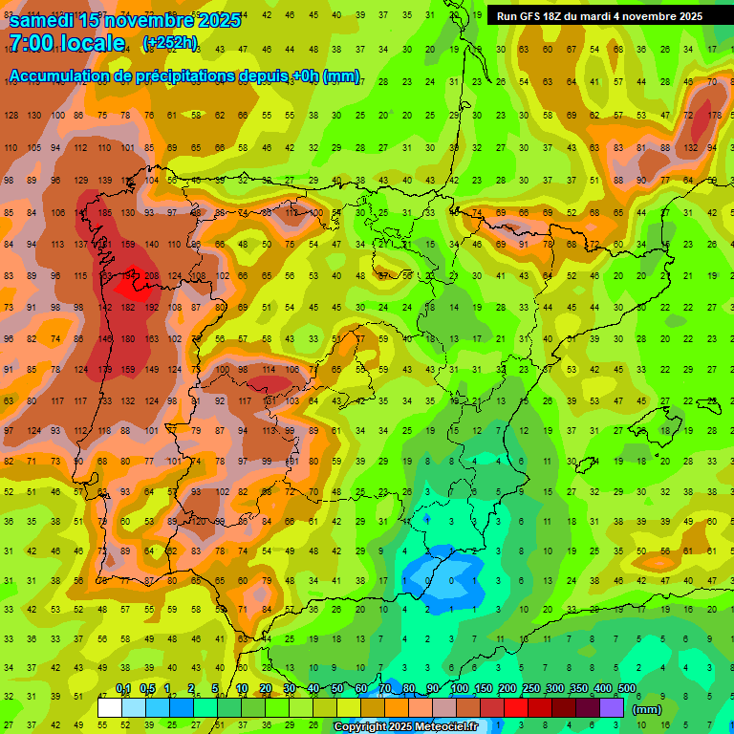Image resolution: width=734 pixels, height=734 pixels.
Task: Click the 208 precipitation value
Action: [x=151, y=276]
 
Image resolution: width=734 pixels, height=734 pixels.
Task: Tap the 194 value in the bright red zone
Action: [x=128, y=276]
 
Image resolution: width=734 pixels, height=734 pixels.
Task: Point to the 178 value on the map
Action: [x=716, y=116]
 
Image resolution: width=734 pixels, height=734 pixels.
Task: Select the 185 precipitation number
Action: [x=105, y=212]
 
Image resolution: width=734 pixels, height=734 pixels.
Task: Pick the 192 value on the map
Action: [x=151, y=308]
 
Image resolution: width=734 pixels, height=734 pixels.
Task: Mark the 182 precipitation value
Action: [x=128, y=308]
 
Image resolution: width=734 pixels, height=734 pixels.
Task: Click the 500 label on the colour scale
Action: [x=627, y=689]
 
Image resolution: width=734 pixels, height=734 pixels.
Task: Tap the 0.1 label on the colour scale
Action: [x=123, y=689]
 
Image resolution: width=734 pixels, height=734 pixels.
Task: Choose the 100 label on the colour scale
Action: [x=460, y=689]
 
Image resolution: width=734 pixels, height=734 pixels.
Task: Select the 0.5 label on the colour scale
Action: [x=147, y=689]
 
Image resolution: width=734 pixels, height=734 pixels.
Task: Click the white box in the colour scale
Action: [x=110, y=707]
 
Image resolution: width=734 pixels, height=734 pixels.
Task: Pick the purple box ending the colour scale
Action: [x=613, y=707]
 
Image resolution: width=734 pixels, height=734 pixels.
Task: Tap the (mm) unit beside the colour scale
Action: [x=647, y=709]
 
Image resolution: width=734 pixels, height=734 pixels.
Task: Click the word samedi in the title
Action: [x=42, y=19]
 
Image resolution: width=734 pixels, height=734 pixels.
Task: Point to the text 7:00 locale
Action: [x=67, y=43]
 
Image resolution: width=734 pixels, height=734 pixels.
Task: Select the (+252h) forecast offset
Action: [x=170, y=43]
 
